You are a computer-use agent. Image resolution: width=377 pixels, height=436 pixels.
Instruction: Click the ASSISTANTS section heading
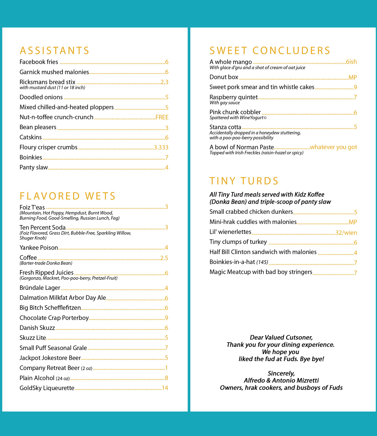[54, 51]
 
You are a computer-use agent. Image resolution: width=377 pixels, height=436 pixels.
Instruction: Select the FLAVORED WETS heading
[68, 196]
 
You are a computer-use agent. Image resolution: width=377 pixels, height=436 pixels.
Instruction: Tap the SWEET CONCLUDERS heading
[270, 51]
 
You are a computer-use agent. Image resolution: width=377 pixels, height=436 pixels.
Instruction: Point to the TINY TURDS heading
[244, 181]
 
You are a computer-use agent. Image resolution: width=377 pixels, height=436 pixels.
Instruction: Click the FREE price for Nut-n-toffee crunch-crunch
[162, 117]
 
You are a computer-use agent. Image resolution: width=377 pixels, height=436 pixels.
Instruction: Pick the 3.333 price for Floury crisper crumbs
[161, 147]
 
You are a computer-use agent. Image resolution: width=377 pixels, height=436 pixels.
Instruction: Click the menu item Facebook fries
[39, 62]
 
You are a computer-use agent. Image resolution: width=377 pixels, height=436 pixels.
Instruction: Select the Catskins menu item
[30, 137]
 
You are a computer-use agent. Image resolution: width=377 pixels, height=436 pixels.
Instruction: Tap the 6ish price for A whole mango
[351, 62]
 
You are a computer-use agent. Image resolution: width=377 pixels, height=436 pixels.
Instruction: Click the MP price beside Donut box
[352, 77]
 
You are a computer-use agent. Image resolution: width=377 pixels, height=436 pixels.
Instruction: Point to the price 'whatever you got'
[333, 147]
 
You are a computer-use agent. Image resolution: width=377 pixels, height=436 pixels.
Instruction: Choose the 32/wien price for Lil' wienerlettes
[346, 233]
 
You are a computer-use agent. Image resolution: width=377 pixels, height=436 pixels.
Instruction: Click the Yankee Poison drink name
[39, 248]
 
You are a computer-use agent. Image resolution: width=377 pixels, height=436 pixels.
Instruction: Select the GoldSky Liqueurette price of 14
[165, 388]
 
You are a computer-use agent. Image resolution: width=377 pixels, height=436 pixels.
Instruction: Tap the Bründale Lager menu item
[40, 288]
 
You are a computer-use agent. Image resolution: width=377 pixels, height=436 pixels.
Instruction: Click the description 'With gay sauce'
[225, 103]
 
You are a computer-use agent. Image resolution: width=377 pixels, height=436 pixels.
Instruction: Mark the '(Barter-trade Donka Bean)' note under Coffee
[46, 263]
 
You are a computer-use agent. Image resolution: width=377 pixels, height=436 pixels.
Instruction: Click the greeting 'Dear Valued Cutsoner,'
[281, 338]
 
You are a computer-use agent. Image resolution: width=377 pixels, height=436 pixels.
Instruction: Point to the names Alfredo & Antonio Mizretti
[281, 380]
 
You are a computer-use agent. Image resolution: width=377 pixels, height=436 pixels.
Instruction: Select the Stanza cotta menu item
[225, 127]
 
